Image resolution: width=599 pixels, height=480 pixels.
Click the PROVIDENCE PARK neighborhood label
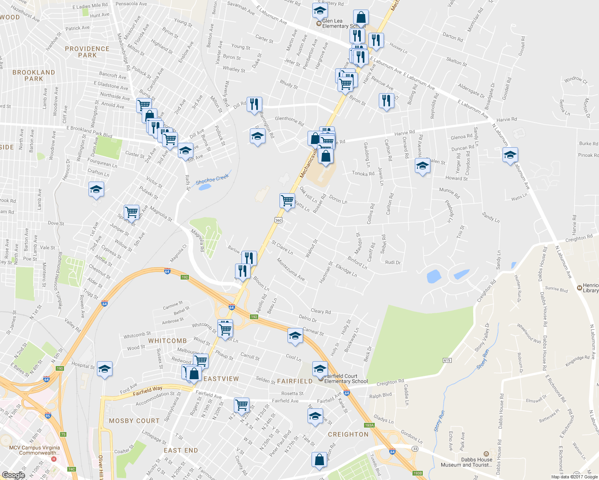pyautogui.click(x=87, y=52)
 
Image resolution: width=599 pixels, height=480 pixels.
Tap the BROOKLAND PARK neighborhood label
pyautogui.click(x=34, y=76)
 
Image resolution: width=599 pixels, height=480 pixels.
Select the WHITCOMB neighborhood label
pyautogui.click(x=167, y=341)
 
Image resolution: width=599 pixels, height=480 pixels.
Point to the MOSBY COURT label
pyautogui.click(x=134, y=421)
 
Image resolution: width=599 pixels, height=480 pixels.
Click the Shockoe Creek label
pyautogui.click(x=212, y=180)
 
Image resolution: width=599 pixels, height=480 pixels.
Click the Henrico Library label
pyautogui.click(x=591, y=288)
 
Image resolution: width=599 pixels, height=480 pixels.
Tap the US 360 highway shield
pyautogui.click(x=279, y=220)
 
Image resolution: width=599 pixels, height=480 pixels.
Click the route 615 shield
pyautogui.click(x=447, y=360)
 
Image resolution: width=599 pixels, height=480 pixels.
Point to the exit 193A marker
pyautogui.click(x=369, y=425)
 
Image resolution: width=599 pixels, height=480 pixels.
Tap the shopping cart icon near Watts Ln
pyautogui.click(x=287, y=200)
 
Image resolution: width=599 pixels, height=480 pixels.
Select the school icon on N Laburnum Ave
pyautogui.click(x=510, y=155)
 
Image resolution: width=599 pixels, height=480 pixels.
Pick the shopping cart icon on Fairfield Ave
pyautogui.click(x=242, y=405)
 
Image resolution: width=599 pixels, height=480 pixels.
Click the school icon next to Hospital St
pyautogui.click(x=105, y=369)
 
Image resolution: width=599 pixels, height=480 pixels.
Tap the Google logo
pyautogui.click(x=13, y=475)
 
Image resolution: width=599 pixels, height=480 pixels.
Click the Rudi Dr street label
pyautogui.click(x=393, y=262)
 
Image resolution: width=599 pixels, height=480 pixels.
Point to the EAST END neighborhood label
pyautogui.click(x=181, y=450)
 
